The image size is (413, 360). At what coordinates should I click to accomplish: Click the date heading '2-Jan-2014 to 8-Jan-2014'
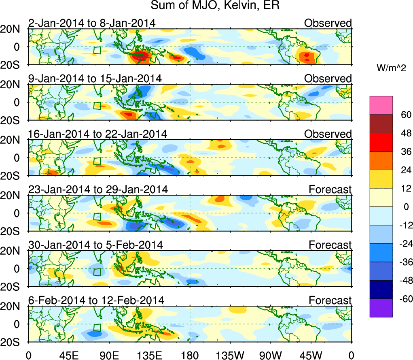pos(92,23)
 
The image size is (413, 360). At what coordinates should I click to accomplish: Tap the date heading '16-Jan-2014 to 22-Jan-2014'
pos(97,134)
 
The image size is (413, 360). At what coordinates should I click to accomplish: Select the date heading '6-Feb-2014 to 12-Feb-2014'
pos(96,300)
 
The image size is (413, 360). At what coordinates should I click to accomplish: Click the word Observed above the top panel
pos(328,23)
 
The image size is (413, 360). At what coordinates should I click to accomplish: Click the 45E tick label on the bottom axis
pos(69,355)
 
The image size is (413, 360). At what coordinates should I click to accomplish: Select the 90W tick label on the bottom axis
pos(270,355)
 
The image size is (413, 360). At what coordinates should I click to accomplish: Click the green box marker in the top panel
pos(97,51)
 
